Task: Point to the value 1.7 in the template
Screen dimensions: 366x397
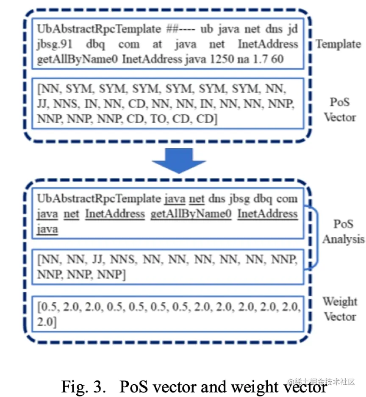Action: [x=262, y=58]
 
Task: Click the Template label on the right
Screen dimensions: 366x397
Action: [x=338, y=44]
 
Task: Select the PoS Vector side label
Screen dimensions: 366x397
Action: [x=340, y=109]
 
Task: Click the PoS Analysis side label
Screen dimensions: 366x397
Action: [x=343, y=231]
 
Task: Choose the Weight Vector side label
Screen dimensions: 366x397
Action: [x=340, y=309]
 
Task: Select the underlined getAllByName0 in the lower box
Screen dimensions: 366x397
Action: [x=191, y=214]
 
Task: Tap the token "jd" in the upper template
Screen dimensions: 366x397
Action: [x=292, y=30]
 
